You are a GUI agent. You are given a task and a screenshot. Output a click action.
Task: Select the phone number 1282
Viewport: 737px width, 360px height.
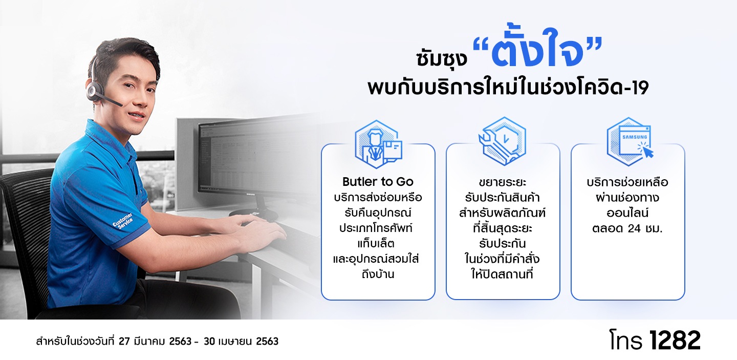(x=675, y=340)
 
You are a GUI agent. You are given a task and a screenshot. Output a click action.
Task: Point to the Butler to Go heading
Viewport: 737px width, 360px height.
(x=378, y=182)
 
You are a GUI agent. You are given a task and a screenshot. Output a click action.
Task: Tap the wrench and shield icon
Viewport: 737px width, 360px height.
(x=503, y=141)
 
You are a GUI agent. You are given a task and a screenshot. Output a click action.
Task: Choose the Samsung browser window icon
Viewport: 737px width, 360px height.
(x=630, y=141)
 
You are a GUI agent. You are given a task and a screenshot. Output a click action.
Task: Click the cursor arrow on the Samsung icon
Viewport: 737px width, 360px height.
(x=647, y=152)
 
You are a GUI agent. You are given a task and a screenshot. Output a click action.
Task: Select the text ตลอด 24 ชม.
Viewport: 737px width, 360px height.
(x=627, y=228)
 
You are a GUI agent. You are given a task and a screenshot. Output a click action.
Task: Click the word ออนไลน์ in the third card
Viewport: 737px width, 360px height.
(x=627, y=212)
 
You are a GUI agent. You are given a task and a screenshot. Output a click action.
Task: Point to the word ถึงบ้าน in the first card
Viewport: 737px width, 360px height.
(x=378, y=274)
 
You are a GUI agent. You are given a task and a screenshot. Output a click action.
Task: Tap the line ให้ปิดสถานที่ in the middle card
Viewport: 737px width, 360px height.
(x=502, y=274)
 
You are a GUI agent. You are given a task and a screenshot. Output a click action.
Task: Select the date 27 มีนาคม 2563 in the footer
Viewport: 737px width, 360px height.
(x=155, y=342)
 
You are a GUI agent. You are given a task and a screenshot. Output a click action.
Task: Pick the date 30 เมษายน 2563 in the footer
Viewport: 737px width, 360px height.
(x=241, y=342)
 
